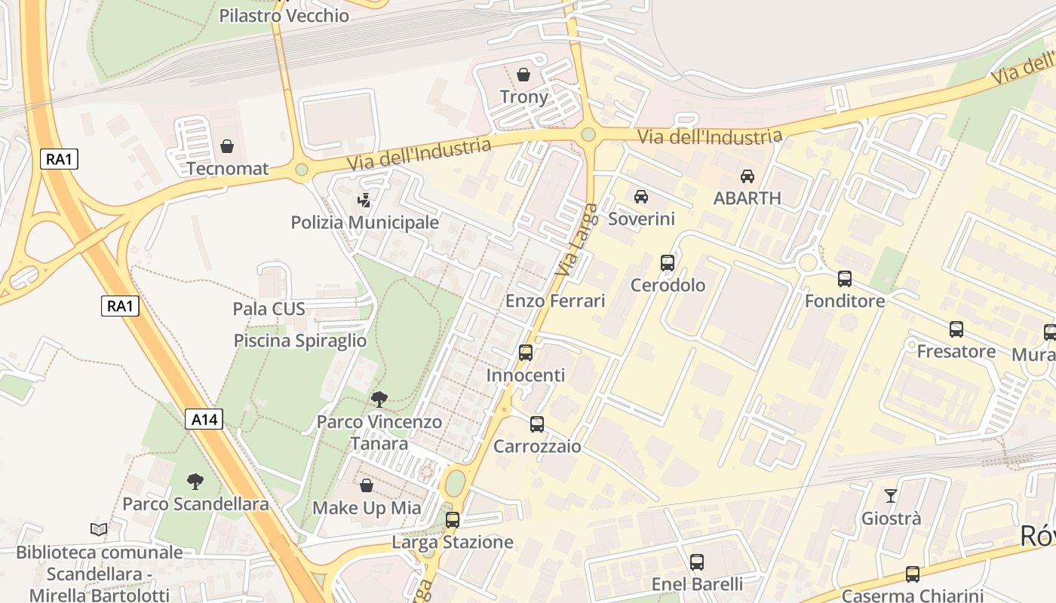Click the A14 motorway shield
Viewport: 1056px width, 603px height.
click(204, 419)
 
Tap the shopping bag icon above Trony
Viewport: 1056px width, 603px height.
click(523, 75)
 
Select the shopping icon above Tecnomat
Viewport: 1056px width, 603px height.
click(227, 145)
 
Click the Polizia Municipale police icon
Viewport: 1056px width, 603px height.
click(365, 200)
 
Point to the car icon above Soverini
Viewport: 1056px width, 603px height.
click(641, 197)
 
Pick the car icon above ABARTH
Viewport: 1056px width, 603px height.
click(747, 176)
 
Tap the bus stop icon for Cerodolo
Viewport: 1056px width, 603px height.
click(668, 263)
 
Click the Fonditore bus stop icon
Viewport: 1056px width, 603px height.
click(845, 279)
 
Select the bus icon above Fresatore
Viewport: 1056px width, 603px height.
click(956, 329)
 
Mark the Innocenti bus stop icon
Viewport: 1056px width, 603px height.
click(526, 352)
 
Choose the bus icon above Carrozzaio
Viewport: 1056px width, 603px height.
click(537, 424)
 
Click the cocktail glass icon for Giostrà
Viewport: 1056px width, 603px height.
click(891, 496)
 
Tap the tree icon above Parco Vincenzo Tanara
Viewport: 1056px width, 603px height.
click(379, 399)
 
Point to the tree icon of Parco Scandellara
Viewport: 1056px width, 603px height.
click(195, 481)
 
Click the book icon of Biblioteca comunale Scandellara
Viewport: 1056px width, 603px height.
click(99, 529)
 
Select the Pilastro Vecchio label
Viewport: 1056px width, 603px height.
click(284, 16)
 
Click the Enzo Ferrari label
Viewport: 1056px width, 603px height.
click(555, 301)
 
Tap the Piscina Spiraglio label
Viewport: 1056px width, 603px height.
click(300, 341)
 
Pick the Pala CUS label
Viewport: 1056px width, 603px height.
click(269, 308)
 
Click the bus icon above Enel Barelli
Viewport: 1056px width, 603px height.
click(697, 562)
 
